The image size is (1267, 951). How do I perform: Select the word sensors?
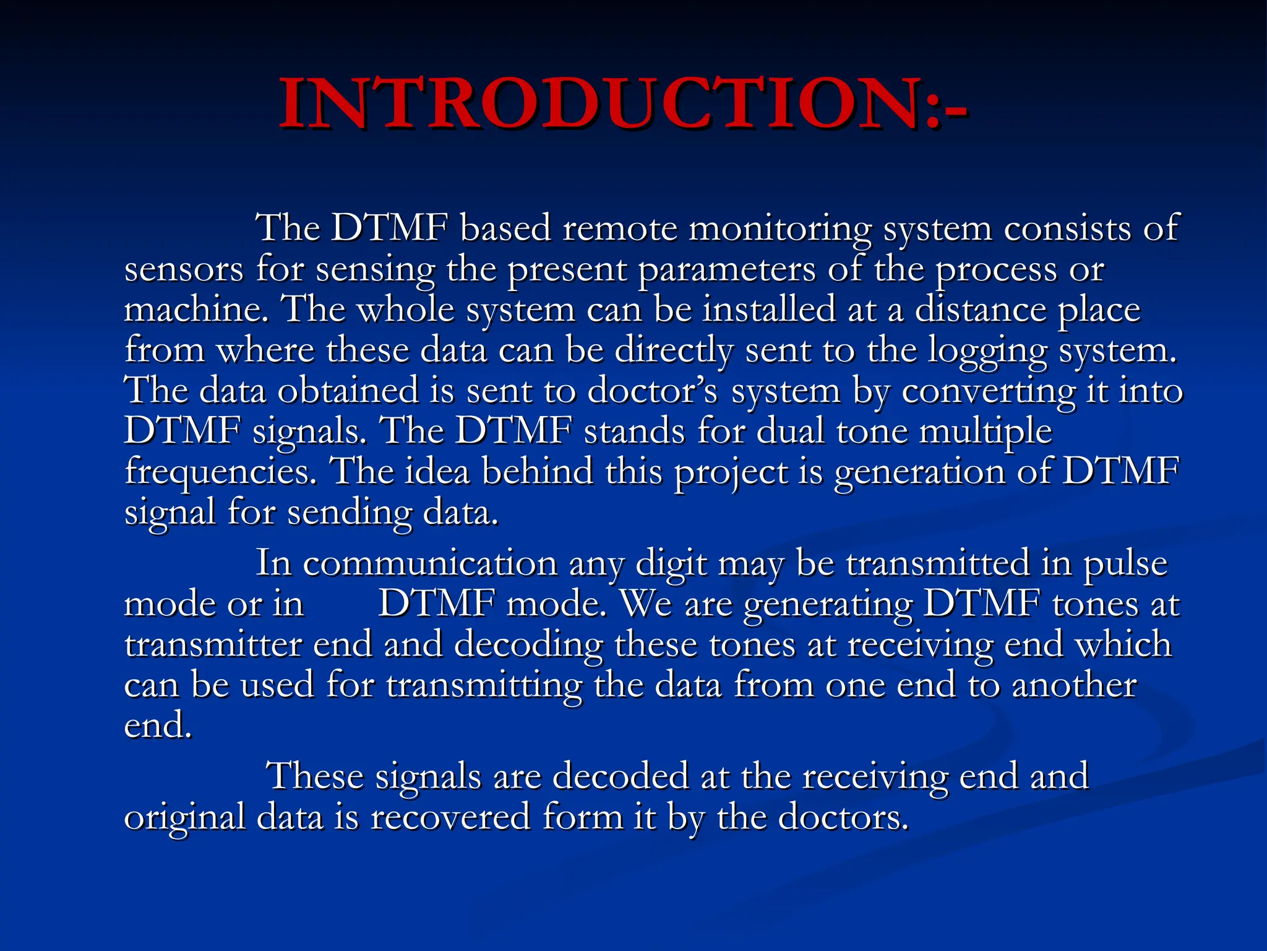(x=184, y=270)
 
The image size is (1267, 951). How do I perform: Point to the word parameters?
(x=726, y=270)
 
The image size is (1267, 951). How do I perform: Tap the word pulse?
(x=1125, y=563)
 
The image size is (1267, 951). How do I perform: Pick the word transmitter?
(x=213, y=645)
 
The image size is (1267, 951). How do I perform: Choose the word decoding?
(x=529, y=645)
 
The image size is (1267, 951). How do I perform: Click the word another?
(x=1074, y=685)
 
